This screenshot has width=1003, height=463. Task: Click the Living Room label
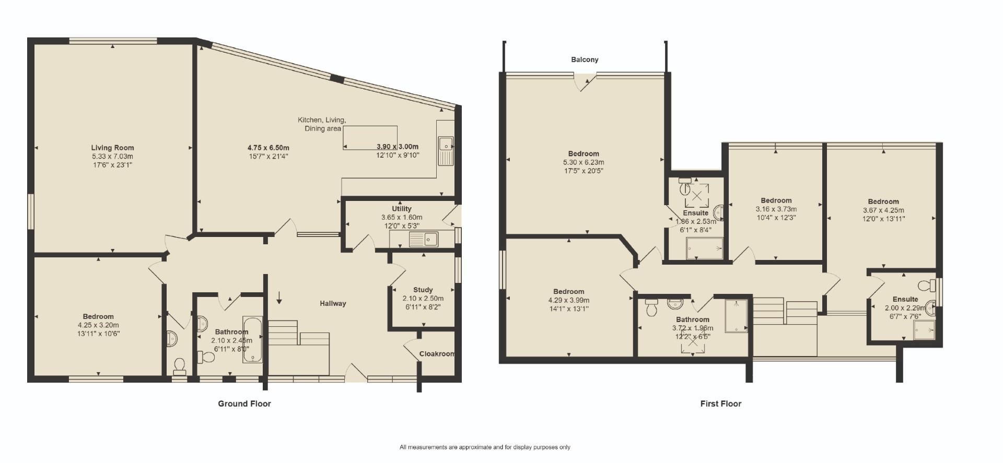[x=112, y=148]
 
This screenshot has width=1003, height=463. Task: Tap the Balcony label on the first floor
[x=585, y=60]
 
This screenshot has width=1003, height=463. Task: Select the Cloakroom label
[x=436, y=354]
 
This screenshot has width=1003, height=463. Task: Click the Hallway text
[x=333, y=303]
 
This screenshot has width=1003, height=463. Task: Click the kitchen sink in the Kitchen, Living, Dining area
[x=446, y=144]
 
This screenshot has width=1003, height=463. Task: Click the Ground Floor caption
[x=244, y=403]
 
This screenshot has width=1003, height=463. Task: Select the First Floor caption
[x=720, y=403]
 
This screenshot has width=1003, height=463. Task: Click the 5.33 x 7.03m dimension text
[x=112, y=157]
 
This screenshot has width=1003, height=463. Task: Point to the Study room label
[x=423, y=290]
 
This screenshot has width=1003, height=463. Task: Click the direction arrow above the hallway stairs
[x=279, y=298]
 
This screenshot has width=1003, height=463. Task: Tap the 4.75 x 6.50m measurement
[x=268, y=147]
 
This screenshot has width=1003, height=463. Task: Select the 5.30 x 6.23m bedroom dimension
[x=584, y=162]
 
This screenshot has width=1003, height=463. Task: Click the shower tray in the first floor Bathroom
[x=736, y=316]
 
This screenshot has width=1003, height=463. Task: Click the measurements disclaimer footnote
[x=485, y=447]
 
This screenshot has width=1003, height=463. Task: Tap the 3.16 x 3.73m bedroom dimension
[x=776, y=209]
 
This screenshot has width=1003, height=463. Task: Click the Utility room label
[x=401, y=209]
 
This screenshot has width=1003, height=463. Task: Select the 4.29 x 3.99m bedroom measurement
[x=568, y=300]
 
